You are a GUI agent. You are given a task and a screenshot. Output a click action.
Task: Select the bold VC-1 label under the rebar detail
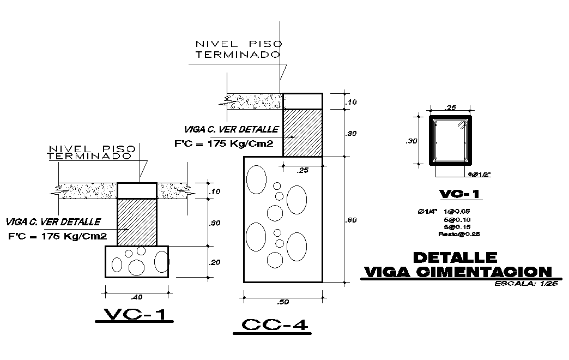click(x=460, y=195)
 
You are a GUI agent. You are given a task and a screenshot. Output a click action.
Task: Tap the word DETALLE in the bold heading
click(x=455, y=257)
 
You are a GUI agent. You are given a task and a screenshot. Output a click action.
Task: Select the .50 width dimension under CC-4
click(x=283, y=302)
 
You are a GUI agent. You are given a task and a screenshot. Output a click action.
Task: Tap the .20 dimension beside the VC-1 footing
click(x=215, y=262)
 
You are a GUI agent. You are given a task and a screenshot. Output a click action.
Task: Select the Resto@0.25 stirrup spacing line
click(x=458, y=234)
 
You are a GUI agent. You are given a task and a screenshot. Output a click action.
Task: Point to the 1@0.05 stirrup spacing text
click(x=457, y=211)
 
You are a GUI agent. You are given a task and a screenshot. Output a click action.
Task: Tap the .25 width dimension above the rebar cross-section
click(x=450, y=107)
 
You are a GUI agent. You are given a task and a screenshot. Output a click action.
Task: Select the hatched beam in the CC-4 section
click(x=302, y=133)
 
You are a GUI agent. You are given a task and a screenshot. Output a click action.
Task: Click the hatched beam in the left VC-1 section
click(x=137, y=222)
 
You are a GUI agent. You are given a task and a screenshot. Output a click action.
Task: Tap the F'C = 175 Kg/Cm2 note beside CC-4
click(x=223, y=143)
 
